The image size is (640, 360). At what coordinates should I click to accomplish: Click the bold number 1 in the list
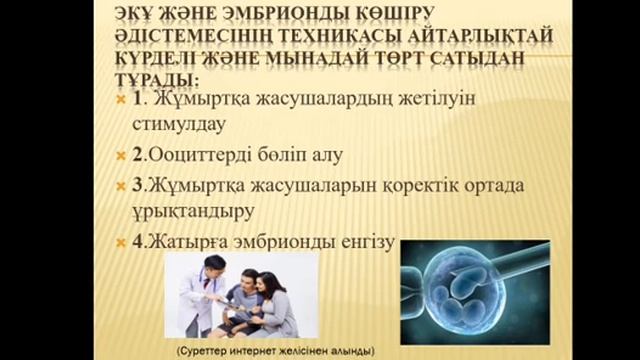click(139, 100)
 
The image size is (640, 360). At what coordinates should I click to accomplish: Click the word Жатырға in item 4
click(189, 242)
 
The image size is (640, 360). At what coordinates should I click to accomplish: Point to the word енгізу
click(371, 242)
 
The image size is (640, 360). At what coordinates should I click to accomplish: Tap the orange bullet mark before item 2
click(121, 157)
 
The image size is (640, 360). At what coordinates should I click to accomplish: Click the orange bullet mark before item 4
click(121, 242)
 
